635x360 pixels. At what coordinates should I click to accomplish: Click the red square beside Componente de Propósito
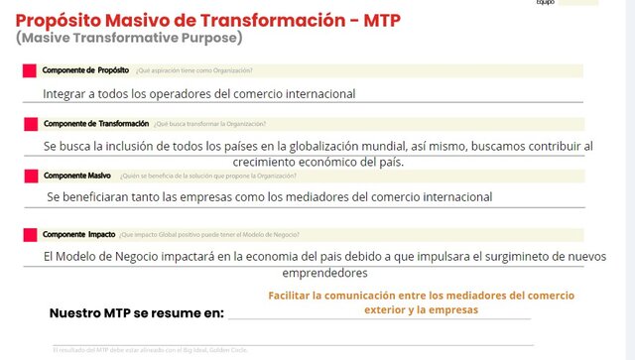(29, 70)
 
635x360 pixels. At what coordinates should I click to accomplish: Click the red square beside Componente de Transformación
(29, 123)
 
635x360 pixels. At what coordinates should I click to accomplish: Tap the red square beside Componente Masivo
(29, 176)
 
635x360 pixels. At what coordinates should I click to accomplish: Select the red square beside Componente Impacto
(29, 235)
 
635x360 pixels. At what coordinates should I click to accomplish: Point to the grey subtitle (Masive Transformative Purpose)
(129, 38)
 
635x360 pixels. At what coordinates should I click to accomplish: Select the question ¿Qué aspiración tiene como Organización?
(193, 70)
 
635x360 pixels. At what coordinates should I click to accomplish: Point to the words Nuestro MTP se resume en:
(137, 313)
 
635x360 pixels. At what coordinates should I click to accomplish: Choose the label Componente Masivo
(75, 176)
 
